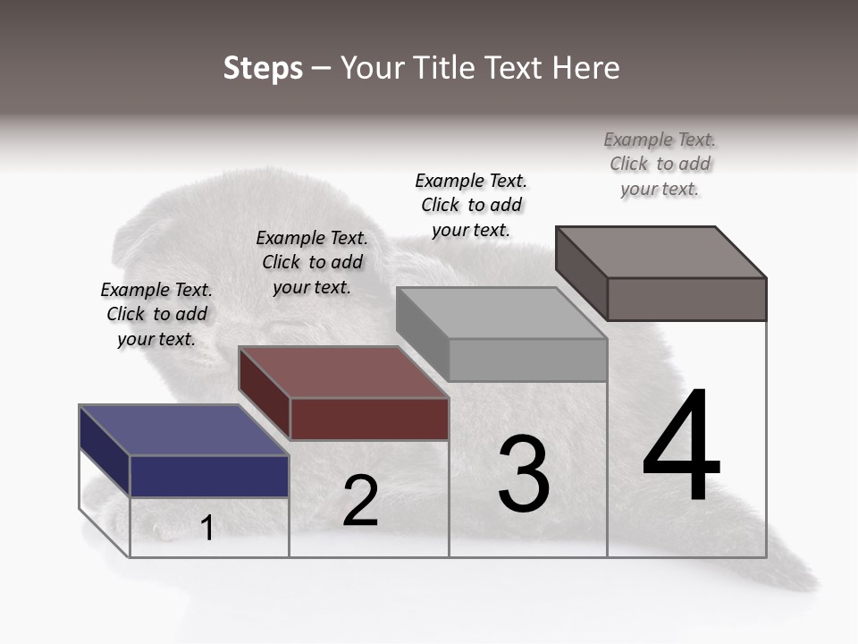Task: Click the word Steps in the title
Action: (x=263, y=68)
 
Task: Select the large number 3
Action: (x=524, y=473)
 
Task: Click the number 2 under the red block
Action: (x=360, y=501)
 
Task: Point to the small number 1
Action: (x=207, y=528)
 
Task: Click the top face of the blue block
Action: (x=183, y=430)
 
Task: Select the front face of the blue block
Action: (x=209, y=476)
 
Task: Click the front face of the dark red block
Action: (x=369, y=419)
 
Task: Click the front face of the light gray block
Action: (x=527, y=360)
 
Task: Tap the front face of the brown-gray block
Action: (x=686, y=299)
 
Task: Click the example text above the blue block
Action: (x=156, y=314)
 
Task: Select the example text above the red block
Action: (x=312, y=262)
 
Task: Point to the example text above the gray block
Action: (x=471, y=205)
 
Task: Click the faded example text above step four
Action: (x=660, y=164)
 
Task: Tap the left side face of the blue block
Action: (x=105, y=451)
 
